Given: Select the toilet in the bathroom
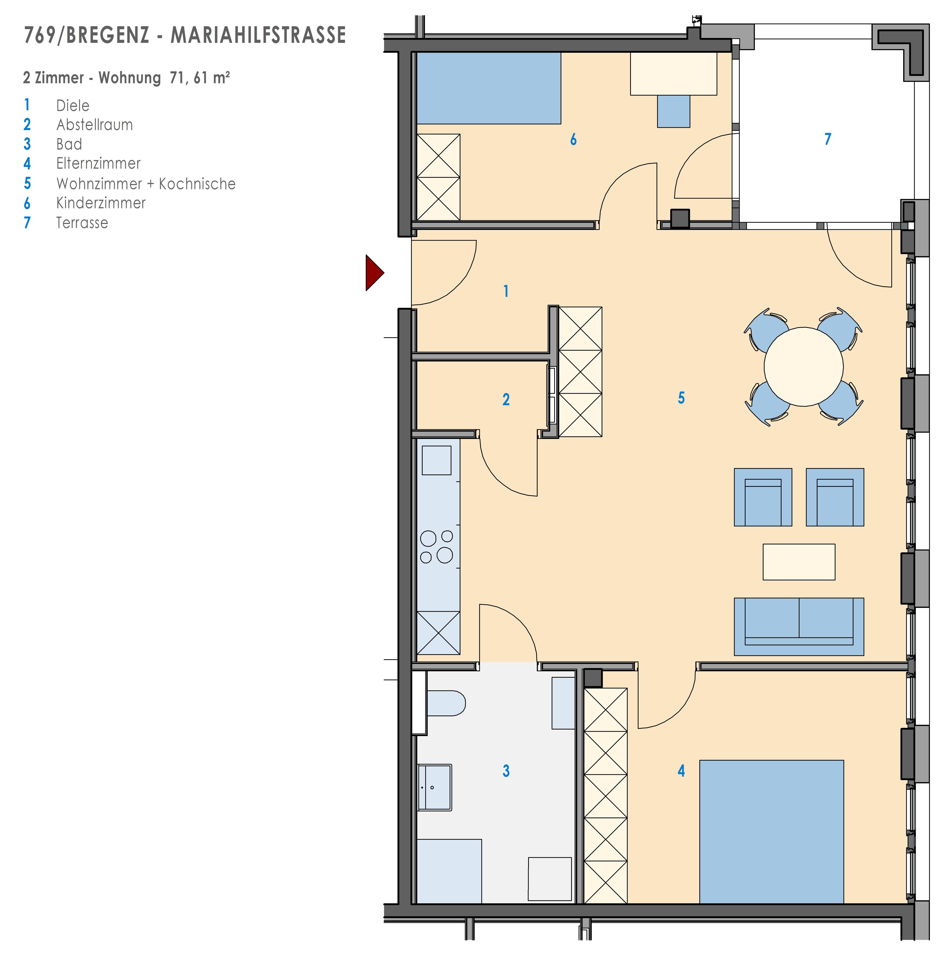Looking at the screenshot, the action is (446, 703).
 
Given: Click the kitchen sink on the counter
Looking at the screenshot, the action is (437, 460).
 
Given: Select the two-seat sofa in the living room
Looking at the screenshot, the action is (799, 627).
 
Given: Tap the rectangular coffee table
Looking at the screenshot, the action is (799, 562).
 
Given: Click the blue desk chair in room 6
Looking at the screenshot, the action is (674, 111).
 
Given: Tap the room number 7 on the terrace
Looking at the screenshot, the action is (828, 139).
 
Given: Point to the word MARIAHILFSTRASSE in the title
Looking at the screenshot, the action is (258, 35).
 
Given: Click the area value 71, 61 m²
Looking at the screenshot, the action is (200, 78).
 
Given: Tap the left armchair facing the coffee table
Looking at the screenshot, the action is (763, 497).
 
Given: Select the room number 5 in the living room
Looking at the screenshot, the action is (681, 398).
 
